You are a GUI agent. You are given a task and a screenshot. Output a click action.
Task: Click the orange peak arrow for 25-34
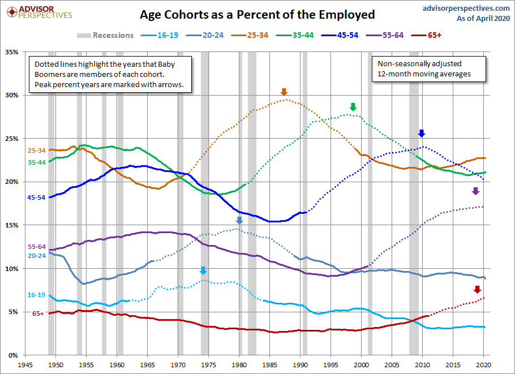point(284,92)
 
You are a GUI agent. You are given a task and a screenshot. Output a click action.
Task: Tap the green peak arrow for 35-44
point(353,107)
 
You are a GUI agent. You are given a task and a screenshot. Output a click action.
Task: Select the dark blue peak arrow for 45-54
point(422,133)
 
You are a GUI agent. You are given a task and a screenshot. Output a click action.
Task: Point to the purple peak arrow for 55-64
point(475,191)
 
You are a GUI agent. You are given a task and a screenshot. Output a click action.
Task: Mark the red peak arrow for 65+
point(477,289)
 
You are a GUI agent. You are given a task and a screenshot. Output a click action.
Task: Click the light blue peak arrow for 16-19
point(203,270)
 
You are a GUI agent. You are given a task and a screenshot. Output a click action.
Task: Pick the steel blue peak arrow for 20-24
point(239,220)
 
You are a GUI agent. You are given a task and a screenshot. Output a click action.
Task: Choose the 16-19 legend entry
point(160,35)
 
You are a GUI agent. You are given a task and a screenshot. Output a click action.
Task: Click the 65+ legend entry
point(426,35)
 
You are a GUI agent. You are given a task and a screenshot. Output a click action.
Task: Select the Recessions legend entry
point(105,35)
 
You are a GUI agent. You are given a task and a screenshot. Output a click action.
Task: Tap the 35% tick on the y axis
point(11,52)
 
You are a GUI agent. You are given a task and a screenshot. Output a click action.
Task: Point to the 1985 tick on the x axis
point(269,365)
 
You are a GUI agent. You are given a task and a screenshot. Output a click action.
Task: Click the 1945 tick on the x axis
point(25,365)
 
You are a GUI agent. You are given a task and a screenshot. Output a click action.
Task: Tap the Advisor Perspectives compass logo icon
point(12,12)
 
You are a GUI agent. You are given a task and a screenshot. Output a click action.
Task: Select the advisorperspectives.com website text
point(466,8)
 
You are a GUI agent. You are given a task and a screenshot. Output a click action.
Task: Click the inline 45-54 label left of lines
point(36,197)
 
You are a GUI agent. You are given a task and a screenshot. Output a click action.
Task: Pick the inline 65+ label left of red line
point(38,313)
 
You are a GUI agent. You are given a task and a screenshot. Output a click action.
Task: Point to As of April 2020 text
point(483,19)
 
